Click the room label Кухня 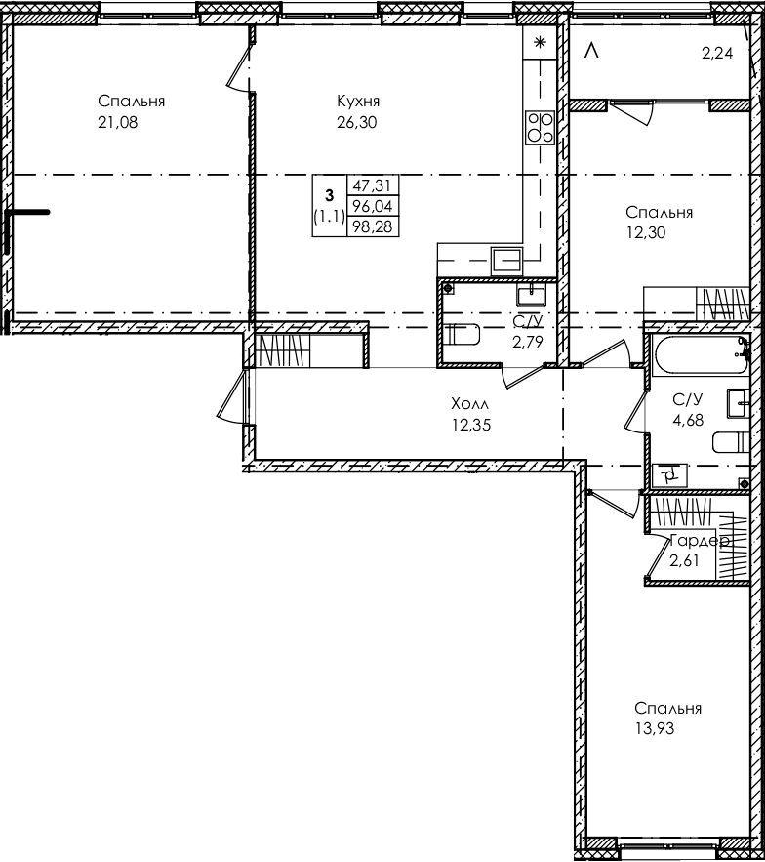point(357,102)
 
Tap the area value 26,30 point(356,122)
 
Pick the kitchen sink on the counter point(507,259)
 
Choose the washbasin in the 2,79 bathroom point(535,292)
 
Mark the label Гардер point(699,540)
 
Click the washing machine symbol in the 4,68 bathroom point(671,475)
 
